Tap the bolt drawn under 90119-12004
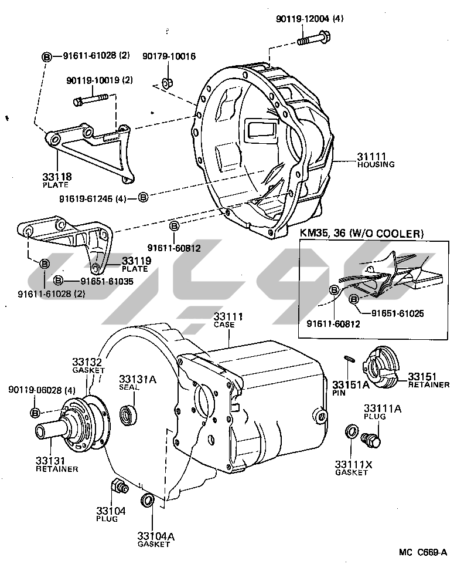click(x=312, y=40)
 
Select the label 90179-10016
click(x=169, y=56)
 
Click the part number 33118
click(x=56, y=176)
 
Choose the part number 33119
click(x=137, y=261)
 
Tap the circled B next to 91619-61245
click(x=144, y=197)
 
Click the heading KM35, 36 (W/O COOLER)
click(x=361, y=234)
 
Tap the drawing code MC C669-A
click(x=423, y=552)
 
